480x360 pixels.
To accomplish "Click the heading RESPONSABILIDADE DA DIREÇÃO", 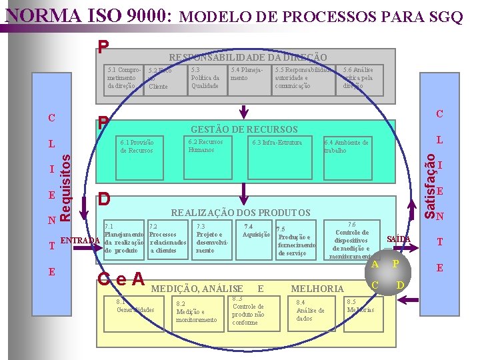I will tap(247, 58).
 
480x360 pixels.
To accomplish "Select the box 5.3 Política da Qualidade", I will tap(205, 77).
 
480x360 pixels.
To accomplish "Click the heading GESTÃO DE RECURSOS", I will tap(244, 129).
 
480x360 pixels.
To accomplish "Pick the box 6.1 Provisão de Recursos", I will tap(137, 146).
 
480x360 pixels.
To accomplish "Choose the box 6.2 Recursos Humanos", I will tap(205, 145).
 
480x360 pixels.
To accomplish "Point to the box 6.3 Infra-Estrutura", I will tap(277, 142).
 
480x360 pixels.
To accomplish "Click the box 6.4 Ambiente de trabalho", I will tap(345, 146).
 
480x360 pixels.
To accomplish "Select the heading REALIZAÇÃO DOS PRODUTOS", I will tap(241, 213).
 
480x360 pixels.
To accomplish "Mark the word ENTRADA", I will tap(80, 240).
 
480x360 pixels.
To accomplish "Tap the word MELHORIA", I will tap(317, 289).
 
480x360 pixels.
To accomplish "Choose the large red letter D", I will tap(104, 199).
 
